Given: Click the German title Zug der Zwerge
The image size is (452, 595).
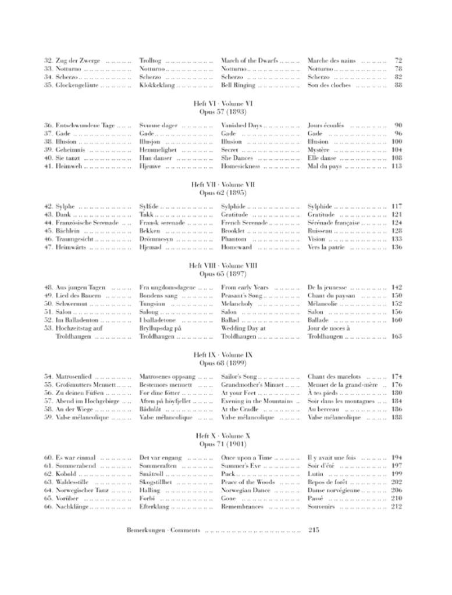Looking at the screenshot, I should (78, 60).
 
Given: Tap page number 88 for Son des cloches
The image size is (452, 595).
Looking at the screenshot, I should (398, 85).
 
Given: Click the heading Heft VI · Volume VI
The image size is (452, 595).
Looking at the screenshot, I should (226, 103).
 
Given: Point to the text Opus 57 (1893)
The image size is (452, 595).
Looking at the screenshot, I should (226, 111).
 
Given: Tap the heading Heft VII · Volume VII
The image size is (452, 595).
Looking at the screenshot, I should (226, 184).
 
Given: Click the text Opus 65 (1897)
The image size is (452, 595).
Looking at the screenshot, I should (226, 273).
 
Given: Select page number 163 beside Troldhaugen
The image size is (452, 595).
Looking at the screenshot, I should (397, 336).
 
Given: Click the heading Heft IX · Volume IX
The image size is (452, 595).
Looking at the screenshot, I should (226, 354).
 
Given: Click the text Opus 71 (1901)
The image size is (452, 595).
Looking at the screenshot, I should (226, 443).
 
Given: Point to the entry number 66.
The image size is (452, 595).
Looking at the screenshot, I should (48, 507).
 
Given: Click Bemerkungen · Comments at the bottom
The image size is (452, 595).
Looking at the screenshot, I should (163, 530).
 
